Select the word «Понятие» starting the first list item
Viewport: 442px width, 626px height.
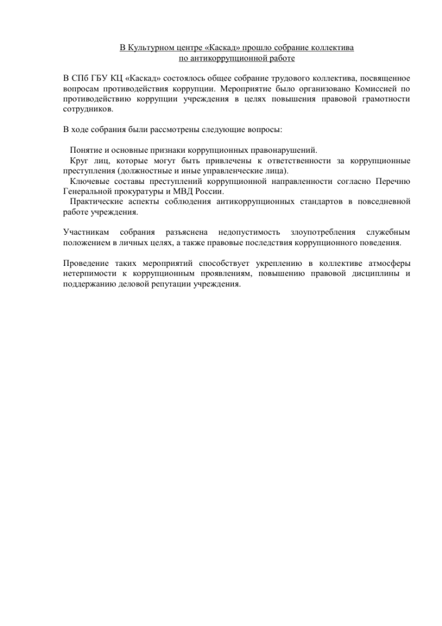tap(85, 150)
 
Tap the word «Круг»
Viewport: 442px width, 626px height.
tap(79, 161)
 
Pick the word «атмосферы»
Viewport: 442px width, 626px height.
tap(387, 263)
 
